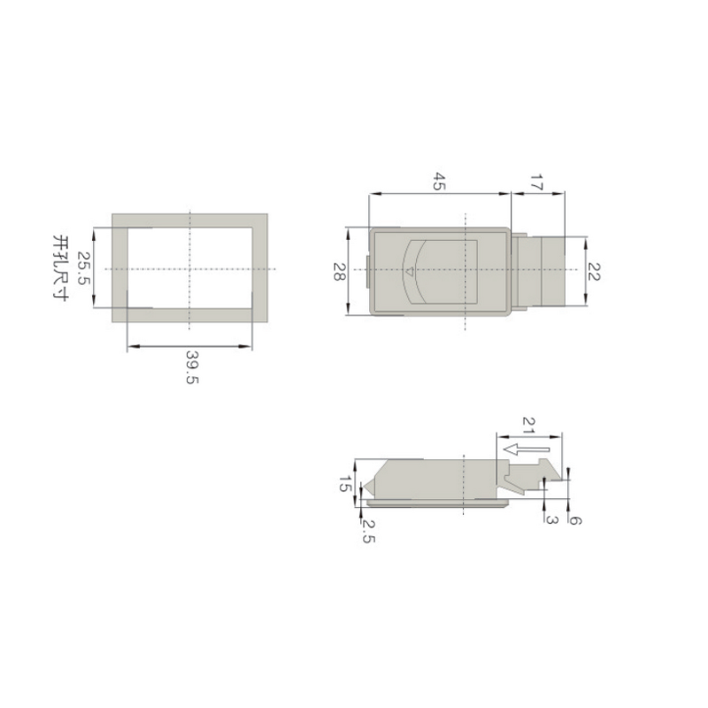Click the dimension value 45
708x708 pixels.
coord(439,181)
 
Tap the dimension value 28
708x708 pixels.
coord(338,272)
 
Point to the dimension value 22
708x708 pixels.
coord(594,272)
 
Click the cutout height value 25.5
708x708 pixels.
coord(82,268)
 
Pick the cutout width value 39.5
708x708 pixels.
coord(191,366)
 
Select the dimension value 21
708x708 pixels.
coord(529,425)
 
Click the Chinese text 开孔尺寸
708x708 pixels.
coord(61,268)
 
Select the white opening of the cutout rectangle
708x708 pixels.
coord(190,267)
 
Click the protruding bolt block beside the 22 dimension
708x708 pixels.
coord(540,270)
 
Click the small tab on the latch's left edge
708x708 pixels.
coord(367,272)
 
